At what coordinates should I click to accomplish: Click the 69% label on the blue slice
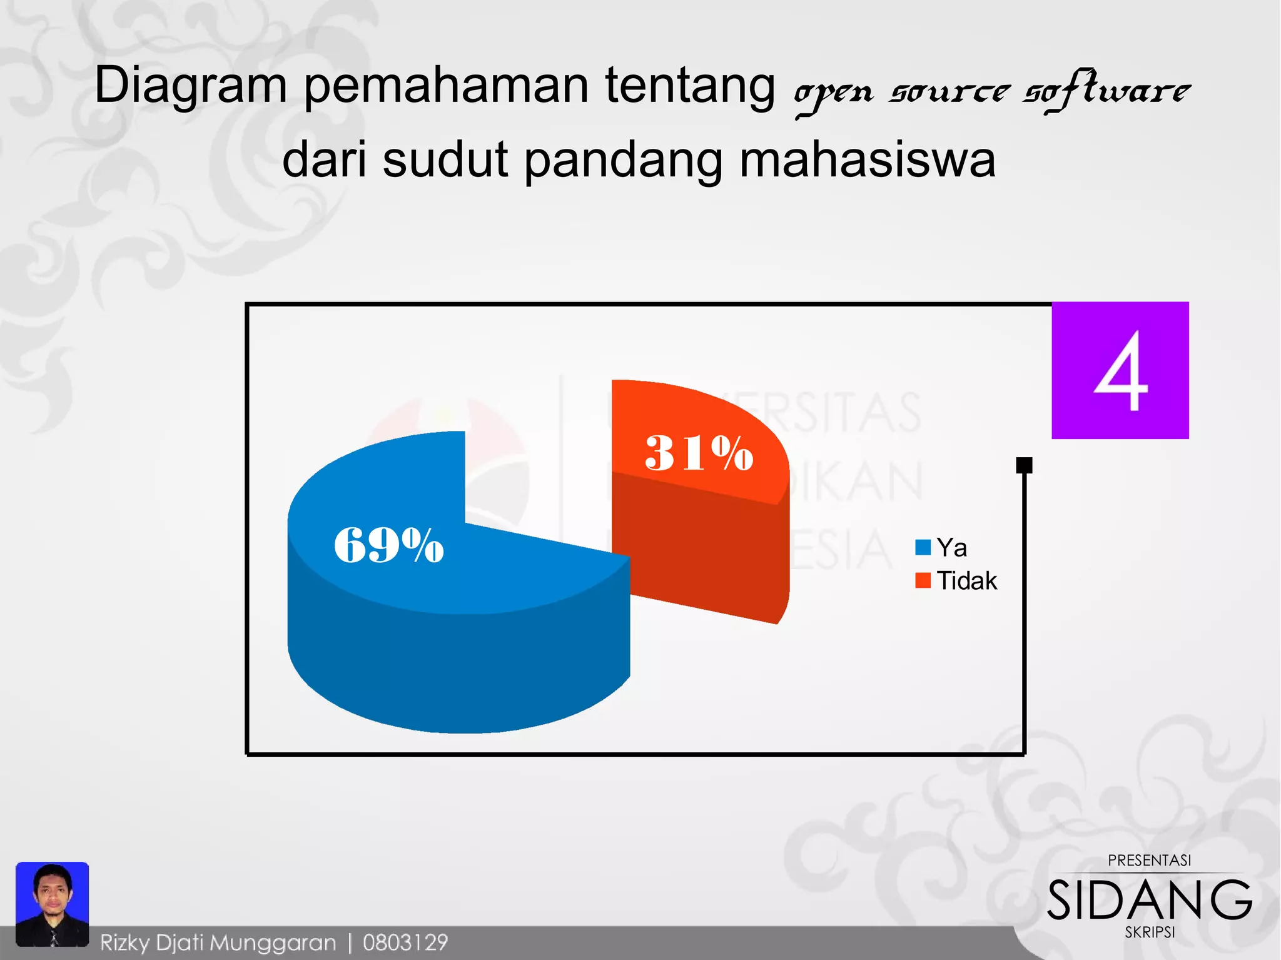[388, 545]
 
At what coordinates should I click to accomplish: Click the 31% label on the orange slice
[699, 453]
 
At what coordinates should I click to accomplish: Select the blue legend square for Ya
[923, 548]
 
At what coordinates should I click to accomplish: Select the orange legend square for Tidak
[923, 580]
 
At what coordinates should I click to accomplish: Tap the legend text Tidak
[966, 581]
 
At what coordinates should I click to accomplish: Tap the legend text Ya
[951, 548]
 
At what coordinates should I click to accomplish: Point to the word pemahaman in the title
[446, 86]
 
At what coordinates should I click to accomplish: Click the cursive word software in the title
[1106, 91]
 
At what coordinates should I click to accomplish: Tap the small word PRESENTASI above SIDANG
[1149, 861]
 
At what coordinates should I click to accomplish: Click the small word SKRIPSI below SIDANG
[1150, 932]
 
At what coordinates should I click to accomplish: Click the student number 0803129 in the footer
[405, 942]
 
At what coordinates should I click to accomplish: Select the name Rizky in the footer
[125, 942]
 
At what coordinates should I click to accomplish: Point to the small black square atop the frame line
[1024, 465]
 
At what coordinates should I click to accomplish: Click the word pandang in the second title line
[623, 159]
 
